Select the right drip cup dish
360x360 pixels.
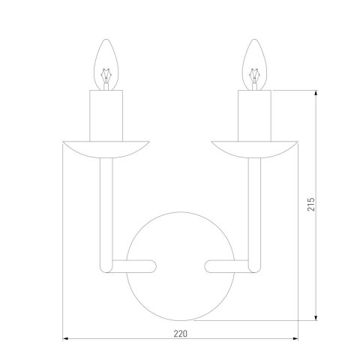point(254,147)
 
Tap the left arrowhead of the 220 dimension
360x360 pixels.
point(63,337)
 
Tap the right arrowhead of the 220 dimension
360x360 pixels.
point(295,337)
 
